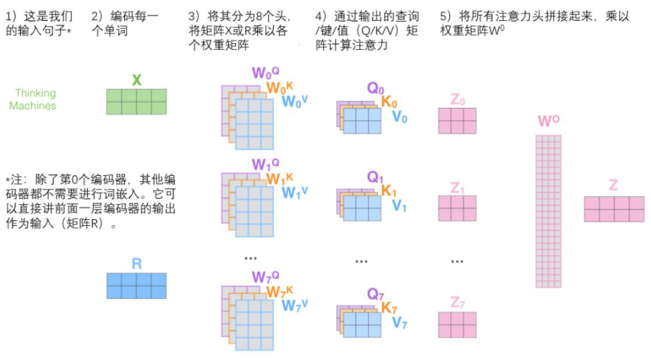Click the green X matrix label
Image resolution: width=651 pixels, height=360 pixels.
pyautogui.click(x=136, y=80)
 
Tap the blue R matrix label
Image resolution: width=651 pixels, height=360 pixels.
pyautogui.click(x=136, y=264)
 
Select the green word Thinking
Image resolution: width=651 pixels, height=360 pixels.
pyautogui.click(x=35, y=93)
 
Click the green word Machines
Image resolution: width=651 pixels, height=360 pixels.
pyautogui.click(x=32, y=106)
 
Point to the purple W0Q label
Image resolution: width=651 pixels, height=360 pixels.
pyautogui.click(x=265, y=73)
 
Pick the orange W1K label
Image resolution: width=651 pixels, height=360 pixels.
pyautogui.click(x=279, y=179)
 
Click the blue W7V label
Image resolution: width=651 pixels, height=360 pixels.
pyautogui.click(x=294, y=305)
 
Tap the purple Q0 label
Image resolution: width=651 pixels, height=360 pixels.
pyautogui.click(x=375, y=88)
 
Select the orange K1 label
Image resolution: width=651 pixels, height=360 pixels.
pyautogui.click(x=389, y=190)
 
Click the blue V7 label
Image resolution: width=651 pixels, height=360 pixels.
pyautogui.click(x=399, y=323)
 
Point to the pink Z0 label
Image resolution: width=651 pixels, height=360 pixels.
pyautogui.click(x=457, y=100)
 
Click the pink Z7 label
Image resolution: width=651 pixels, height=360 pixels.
pyautogui.click(x=457, y=303)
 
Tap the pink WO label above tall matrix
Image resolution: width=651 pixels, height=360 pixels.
pyautogui.click(x=548, y=121)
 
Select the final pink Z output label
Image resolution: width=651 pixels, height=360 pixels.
pyautogui.click(x=614, y=185)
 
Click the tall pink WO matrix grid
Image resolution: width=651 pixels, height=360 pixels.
pyautogui.click(x=548, y=212)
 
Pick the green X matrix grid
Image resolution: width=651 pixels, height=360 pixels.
pyautogui.click(x=136, y=102)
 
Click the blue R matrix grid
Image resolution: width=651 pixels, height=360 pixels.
pyautogui.click(x=136, y=286)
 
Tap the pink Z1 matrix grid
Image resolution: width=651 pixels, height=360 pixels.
pyautogui.click(x=457, y=208)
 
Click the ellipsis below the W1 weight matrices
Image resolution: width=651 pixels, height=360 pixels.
pyautogui.click(x=250, y=258)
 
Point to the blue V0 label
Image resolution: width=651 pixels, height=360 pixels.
pyautogui.click(x=399, y=117)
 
